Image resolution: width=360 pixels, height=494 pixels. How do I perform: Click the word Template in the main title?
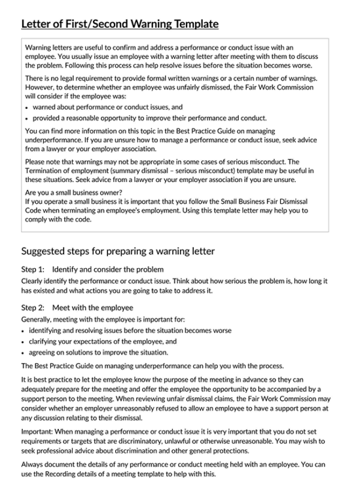click(x=195, y=24)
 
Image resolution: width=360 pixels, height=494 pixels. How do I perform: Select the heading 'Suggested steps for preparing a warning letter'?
click(x=118, y=251)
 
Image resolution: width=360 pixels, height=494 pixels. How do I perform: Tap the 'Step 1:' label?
click(x=33, y=269)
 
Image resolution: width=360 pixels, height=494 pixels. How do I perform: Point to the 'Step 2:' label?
click(x=33, y=307)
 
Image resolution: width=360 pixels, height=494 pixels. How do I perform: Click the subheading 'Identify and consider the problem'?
click(x=107, y=269)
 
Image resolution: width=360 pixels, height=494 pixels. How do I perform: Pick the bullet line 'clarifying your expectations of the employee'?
click(x=103, y=341)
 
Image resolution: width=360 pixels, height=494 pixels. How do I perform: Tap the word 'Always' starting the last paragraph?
click(x=33, y=465)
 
